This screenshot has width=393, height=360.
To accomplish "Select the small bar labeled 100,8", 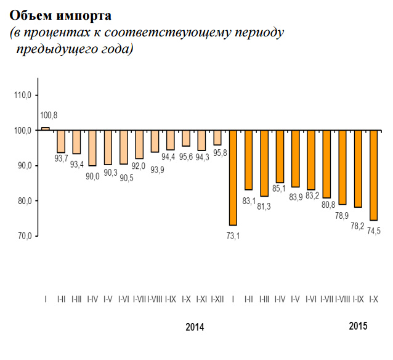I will pos(46,128).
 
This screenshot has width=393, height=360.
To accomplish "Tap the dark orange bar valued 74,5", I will pos(373,175).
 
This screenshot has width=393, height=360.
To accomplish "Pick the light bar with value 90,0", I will pos(92,148).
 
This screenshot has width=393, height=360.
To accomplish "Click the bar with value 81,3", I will pos(264,163).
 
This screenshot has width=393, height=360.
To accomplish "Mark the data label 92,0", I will pos(139,165).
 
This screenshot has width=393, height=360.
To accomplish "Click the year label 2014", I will pos(195,327).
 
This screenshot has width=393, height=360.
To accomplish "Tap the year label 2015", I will pos(358,326).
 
